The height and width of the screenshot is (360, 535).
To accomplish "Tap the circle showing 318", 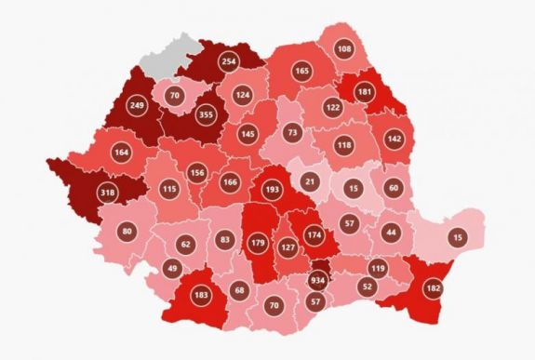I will pyautogui.click(x=83, y=193).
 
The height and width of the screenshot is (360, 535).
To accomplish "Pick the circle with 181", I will pyautogui.click(x=365, y=92).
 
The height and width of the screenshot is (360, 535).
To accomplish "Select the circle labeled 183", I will pyautogui.click(x=201, y=295).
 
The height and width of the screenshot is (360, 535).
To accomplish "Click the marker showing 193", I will pyautogui.click(x=274, y=190).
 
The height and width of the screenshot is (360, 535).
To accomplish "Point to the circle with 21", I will pyautogui.click(x=312, y=180).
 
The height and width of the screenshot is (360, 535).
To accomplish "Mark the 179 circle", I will pyautogui.click(x=259, y=245).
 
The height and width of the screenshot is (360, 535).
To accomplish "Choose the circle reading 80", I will pyautogui.click(x=127, y=231).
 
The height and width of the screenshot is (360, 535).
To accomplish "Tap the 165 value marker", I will pyautogui.click(x=301, y=71).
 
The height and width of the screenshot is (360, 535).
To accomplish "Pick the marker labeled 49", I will pyautogui.click(x=170, y=269).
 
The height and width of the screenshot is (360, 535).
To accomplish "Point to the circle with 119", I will pyautogui.click(x=378, y=269).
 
